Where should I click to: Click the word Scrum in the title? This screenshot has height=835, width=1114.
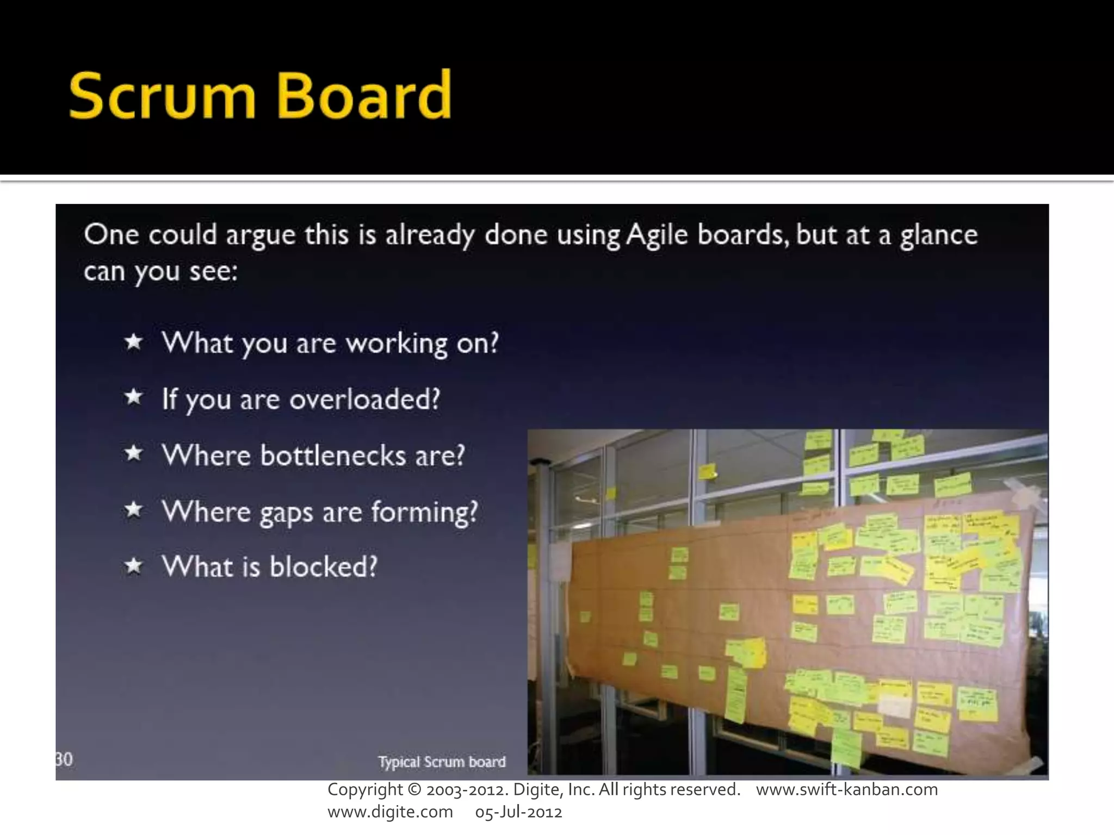tap(162, 96)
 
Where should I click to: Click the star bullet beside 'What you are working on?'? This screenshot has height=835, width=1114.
tap(133, 342)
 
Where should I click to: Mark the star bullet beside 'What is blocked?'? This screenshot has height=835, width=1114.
tap(133, 566)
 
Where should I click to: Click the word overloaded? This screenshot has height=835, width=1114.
tap(364, 400)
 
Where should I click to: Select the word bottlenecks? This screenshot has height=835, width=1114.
tap(333, 455)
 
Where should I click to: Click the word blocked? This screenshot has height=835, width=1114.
tap(323, 566)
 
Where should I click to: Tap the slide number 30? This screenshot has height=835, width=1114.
tap(64, 759)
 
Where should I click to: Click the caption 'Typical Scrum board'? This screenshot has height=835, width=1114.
tap(442, 762)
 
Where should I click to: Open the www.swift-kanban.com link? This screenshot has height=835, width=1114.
tap(847, 789)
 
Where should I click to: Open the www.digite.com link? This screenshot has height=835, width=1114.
tap(390, 812)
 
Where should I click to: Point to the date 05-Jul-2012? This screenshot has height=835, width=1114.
tap(518, 812)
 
